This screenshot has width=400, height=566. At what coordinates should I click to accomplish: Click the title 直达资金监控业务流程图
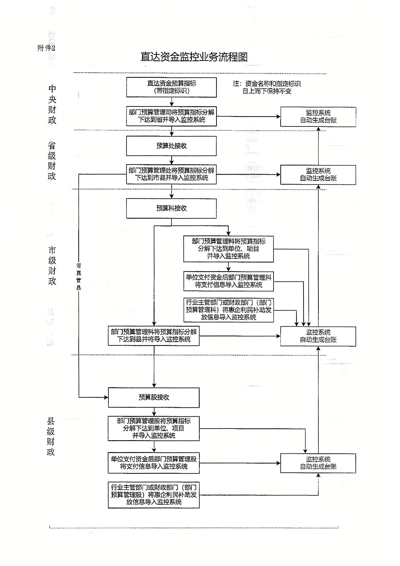point(194,57)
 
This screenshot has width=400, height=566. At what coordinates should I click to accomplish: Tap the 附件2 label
point(46,48)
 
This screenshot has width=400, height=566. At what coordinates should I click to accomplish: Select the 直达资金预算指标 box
point(171,87)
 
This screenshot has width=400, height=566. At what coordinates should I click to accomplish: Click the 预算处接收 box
point(171,146)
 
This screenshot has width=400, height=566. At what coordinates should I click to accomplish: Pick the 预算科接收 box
point(171,208)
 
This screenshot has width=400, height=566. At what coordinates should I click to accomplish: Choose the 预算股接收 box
point(154,398)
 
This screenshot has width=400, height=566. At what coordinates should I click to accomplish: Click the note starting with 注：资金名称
point(267,87)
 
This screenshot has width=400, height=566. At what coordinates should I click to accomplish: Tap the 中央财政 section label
point(52,104)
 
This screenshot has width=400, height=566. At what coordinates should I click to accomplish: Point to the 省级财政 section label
point(52,161)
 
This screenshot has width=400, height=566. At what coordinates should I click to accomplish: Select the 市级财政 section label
point(52,266)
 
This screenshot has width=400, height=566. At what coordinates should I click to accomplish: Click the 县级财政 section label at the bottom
point(51,436)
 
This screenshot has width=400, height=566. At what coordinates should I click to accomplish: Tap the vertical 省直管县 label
point(79,277)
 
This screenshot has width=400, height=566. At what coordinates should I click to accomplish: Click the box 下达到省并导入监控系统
point(171,116)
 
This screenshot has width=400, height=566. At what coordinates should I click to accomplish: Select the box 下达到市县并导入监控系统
point(171,174)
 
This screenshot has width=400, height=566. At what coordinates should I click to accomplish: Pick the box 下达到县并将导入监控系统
point(154,336)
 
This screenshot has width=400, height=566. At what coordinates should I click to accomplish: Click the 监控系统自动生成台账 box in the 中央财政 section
point(318,117)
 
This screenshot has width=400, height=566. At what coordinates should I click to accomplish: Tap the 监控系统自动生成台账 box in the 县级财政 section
point(318,463)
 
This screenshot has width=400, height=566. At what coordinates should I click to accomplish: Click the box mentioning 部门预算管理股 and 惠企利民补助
point(154,495)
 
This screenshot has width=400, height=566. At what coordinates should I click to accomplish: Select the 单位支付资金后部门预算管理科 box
point(228,281)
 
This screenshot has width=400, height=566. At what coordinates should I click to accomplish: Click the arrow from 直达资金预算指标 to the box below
point(172,102)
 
